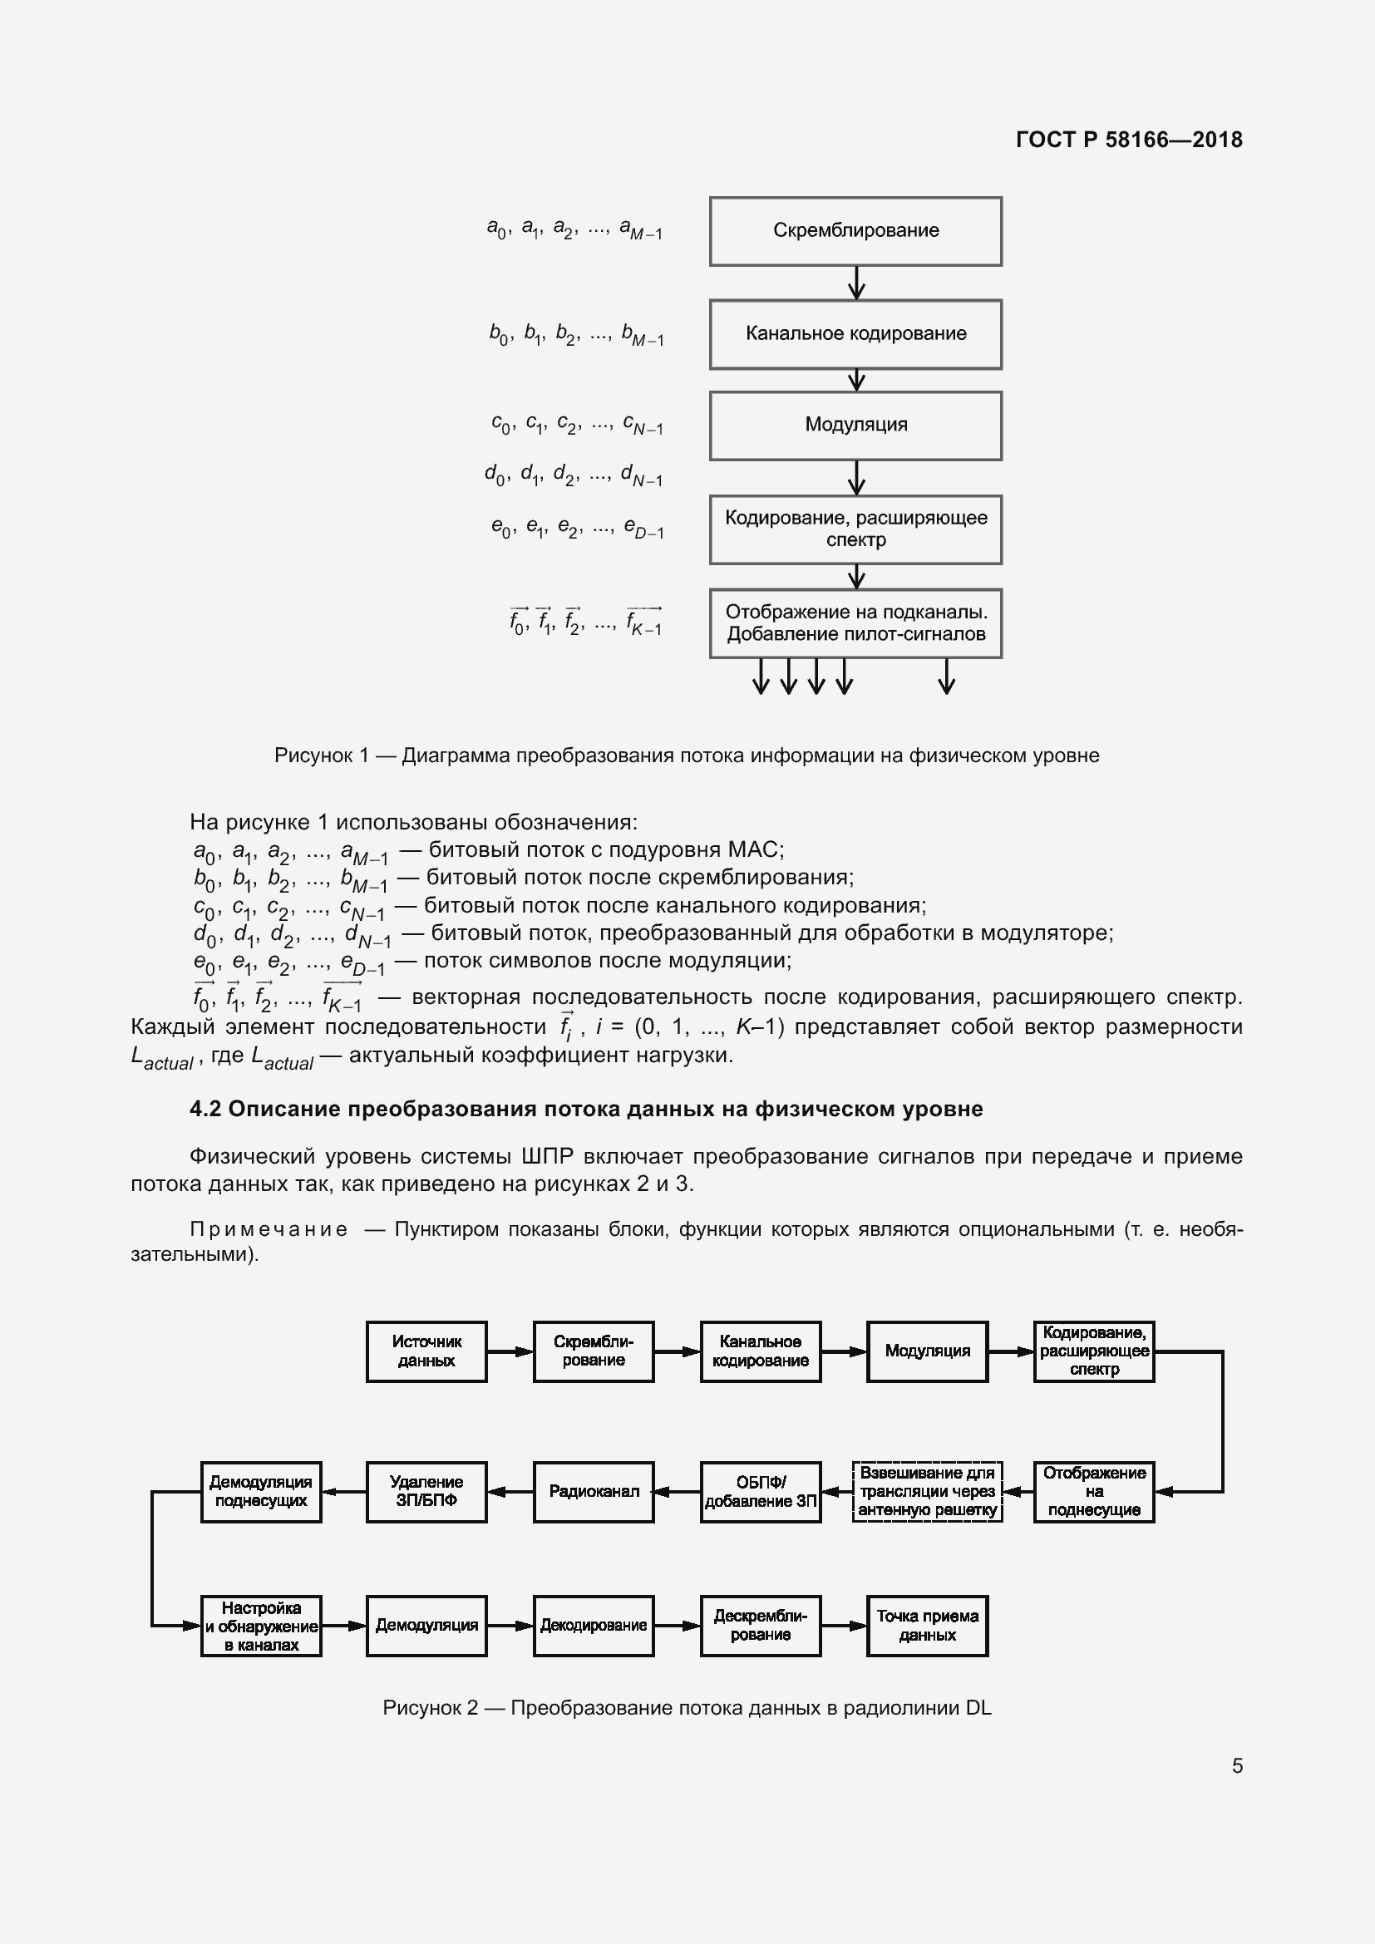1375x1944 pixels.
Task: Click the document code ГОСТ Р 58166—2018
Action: coord(1129,140)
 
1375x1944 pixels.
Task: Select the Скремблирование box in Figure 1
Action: coord(855,231)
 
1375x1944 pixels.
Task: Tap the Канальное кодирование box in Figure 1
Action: coord(855,333)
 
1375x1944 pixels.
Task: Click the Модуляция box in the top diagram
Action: coord(855,425)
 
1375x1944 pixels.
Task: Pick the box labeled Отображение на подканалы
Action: coord(855,623)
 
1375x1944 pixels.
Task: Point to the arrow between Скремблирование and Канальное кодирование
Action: coord(856,283)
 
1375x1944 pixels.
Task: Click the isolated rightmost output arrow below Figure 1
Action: coord(947,677)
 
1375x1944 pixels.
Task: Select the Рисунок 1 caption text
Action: coord(686,755)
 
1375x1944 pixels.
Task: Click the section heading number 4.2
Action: coord(205,1110)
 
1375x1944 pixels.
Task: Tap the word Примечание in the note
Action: coord(269,1229)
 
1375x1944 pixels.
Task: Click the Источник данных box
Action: coord(426,1351)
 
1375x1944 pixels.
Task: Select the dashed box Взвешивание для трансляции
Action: coord(927,1491)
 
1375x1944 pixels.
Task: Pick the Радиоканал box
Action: coord(593,1491)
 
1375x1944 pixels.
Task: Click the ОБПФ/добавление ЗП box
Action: coord(761,1491)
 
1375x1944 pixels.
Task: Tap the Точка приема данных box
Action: coord(927,1626)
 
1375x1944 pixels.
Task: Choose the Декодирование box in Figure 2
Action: coord(593,1626)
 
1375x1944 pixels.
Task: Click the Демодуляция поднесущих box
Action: coord(261,1491)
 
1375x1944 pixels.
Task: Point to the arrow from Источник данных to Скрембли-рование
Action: coord(510,1352)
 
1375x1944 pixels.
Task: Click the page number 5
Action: coord(1237,1765)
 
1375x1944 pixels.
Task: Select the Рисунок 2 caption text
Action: coord(686,1708)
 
